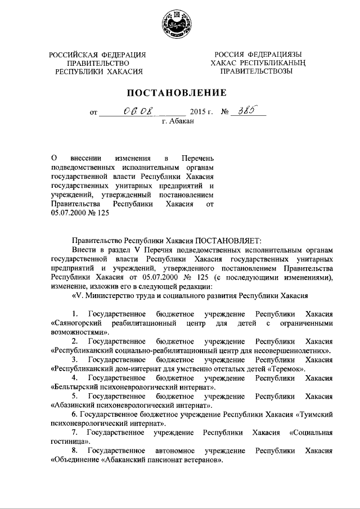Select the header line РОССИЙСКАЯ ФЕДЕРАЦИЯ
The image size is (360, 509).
[97, 54]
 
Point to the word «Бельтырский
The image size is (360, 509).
[76, 388]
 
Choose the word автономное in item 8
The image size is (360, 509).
[173, 451]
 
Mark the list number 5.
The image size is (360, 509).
[74, 396]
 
